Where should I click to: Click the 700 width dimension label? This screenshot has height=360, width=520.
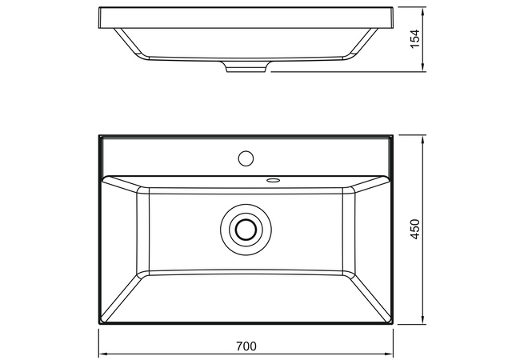246,346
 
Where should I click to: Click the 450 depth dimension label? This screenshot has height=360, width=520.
415,229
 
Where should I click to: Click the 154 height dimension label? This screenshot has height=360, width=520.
415,38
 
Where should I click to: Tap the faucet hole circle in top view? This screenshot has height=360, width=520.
246,158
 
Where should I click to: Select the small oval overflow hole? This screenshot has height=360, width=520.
274,180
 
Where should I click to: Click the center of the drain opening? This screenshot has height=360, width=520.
246,229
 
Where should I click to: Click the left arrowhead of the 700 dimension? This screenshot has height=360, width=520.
103,354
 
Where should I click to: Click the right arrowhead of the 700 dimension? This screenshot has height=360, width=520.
389,354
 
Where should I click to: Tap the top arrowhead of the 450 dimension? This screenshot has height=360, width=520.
423,139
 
